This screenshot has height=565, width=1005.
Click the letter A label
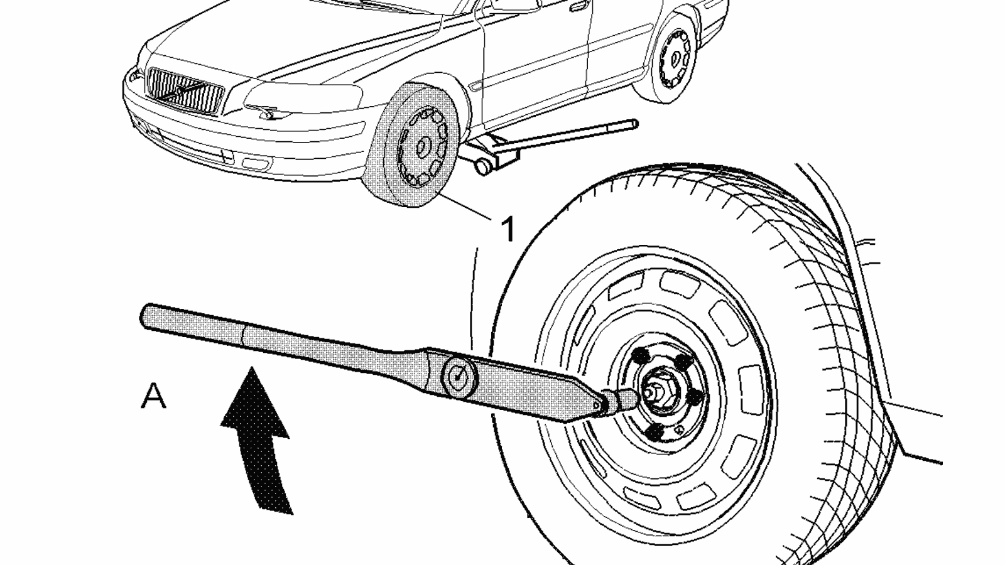(x=154, y=397)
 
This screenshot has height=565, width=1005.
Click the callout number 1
(x=508, y=229)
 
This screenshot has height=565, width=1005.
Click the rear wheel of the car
(x=672, y=60)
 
